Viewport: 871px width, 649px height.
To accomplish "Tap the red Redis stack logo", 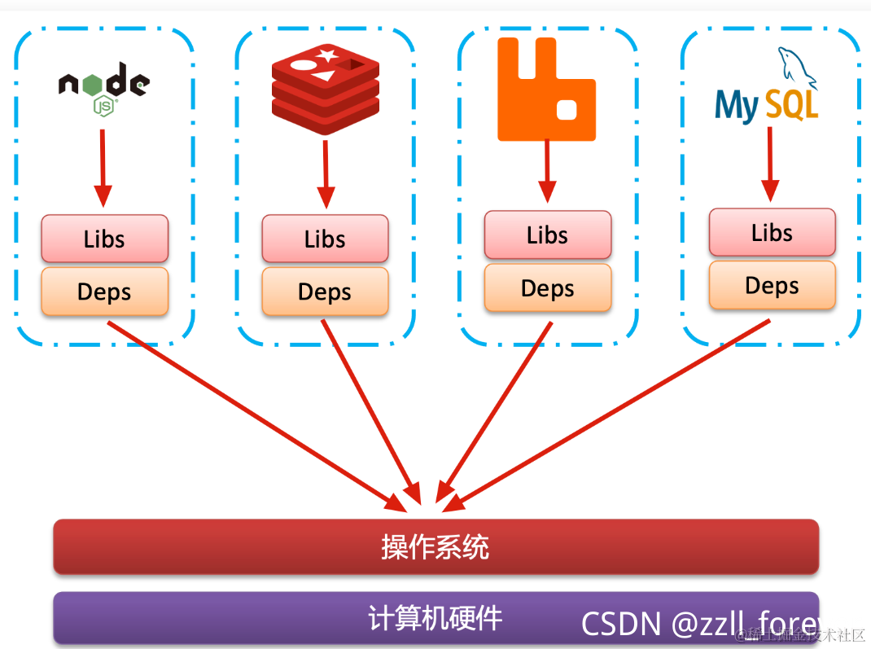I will tap(326, 88).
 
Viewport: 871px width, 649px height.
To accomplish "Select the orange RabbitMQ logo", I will tap(546, 88).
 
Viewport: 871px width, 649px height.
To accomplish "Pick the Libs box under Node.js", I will tap(104, 239).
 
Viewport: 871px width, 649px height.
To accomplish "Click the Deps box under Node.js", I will tap(104, 292).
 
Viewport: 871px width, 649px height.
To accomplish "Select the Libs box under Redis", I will tap(325, 239).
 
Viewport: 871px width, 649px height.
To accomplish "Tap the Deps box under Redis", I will tap(325, 292).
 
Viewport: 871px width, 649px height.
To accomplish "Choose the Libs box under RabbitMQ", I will tap(547, 235).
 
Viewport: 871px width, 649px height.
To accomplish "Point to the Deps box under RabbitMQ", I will tap(547, 288).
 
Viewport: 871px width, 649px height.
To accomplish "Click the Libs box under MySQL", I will tap(772, 232).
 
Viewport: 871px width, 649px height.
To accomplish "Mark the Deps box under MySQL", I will tap(772, 285).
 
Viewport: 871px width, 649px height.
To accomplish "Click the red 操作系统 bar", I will tap(435, 546).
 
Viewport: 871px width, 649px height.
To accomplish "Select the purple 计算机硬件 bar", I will tap(326, 618).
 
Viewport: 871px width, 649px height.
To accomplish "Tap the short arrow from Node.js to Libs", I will tap(103, 167).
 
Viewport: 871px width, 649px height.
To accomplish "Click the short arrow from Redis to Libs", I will tap(326, 173).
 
